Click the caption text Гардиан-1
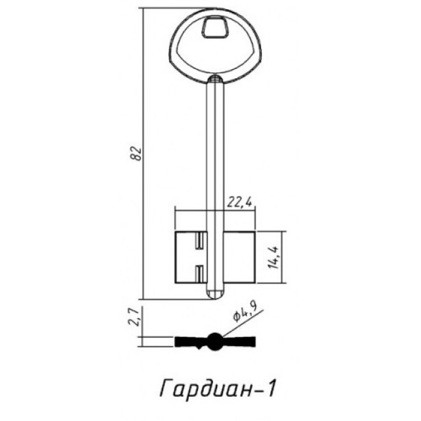pyautogui.click(x=217, y=389)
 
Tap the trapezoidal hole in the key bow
pyautogui.click(x=214, y=28)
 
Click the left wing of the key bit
pyautogui.click(x=187, y=258)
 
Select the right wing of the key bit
pyautogui.click(x=237, y=258)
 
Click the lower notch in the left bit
pyautogui.click(x=197, y=271)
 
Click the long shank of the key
pyautogui.click(x=214, y=151)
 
